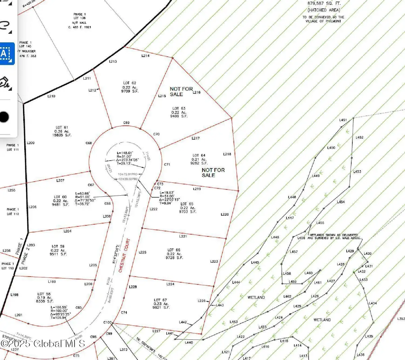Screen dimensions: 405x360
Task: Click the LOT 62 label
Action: (130, 83)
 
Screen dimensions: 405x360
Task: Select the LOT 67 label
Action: (160, 300)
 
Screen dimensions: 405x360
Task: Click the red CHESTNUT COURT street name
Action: (124, 255)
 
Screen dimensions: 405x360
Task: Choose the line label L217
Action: (195, 138)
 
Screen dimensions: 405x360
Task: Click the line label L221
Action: (183, 236)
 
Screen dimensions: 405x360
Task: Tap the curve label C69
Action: (126, 123)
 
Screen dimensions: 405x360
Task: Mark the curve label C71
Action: (167, 165)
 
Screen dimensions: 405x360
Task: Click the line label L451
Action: (343, 120)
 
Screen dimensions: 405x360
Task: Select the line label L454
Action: (341, 202)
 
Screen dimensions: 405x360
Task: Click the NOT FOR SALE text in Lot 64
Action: (213, 172)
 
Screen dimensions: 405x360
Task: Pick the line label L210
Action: (51, 96)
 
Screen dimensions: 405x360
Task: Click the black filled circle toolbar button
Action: (4, 117)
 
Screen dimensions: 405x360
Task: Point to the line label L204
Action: (67, 231)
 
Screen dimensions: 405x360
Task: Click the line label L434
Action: (373, 303)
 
